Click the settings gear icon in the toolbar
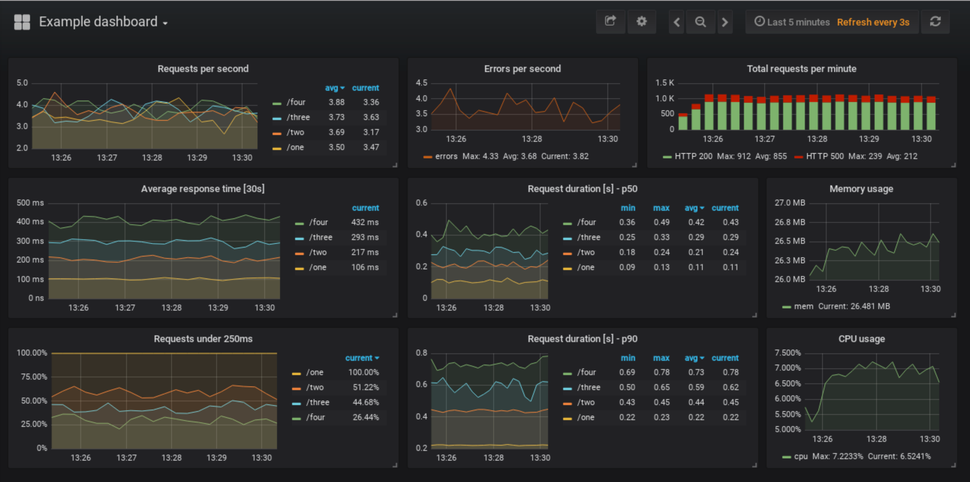(641, 21)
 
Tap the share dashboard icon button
(610, 21)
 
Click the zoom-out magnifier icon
(700, 22)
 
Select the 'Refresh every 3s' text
(873, 22)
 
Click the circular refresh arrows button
(935, 21)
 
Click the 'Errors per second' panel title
(522, 69)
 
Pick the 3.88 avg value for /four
(336, 102)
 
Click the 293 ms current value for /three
(365, 237)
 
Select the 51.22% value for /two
(366, 387)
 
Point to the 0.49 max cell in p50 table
(661, 222)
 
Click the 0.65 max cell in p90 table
(661, 387)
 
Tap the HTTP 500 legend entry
(824, 156)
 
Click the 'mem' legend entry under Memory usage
(803, 306)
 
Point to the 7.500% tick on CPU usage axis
(787, 353)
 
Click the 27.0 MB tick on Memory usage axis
(790, 203)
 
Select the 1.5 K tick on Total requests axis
(664, 83)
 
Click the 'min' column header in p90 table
(628, 358)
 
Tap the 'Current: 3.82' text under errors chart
(565, 156)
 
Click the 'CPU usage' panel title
(861, 339)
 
